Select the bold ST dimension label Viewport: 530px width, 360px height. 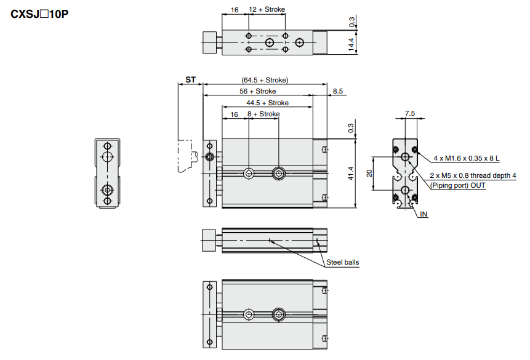click(x=191, y=80)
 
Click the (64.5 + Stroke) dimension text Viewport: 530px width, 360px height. click(x=265, y=80)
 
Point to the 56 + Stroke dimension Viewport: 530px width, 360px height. click(x=258, y=91)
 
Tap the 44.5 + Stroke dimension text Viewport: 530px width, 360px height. click(x=267, y=103)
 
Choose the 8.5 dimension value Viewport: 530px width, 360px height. click(x=338, y=91)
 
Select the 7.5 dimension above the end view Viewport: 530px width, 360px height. click(x=410, y=113)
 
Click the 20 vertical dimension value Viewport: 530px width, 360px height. click(x=370, y=173)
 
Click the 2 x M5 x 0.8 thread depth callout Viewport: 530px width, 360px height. click(x=473, y=175)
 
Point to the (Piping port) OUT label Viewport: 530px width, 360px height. click(x=458, y=185)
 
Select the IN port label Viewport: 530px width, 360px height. click(x=424, y=214)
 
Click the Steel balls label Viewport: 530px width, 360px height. click(x=342, y=263)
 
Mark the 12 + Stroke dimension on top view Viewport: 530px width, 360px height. click(x=267, y=10)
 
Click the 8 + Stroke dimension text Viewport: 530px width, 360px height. click(x=263, y=114)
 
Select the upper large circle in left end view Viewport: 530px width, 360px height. click(x=108, y=158)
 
